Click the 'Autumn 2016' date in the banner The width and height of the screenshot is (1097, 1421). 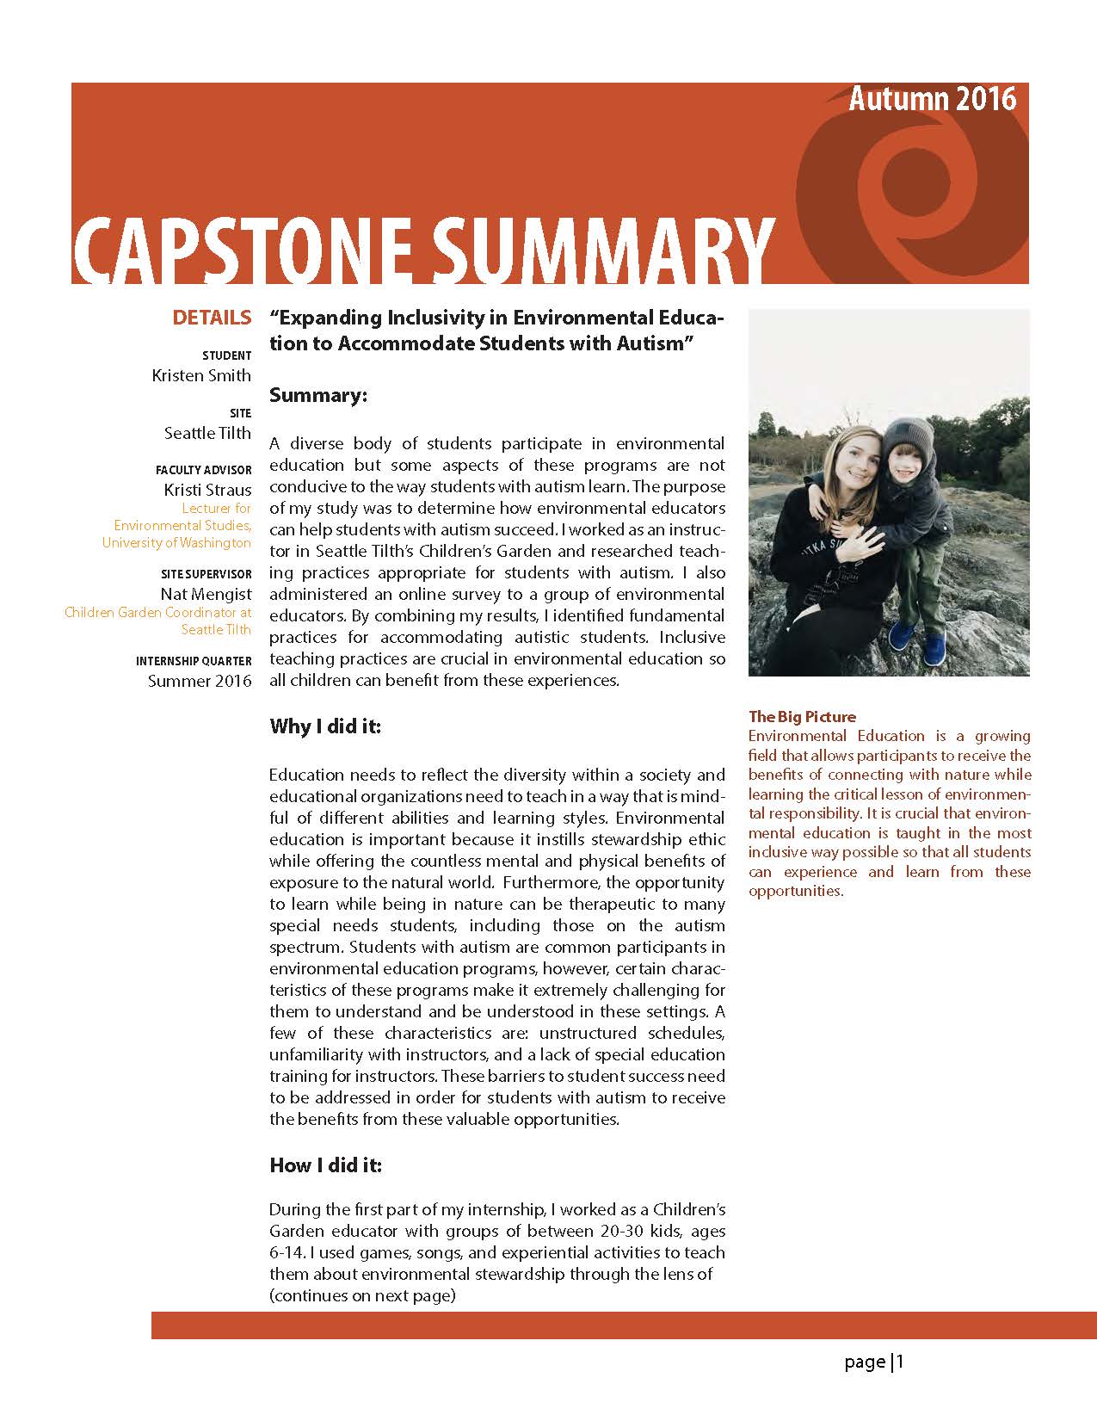[932, 100]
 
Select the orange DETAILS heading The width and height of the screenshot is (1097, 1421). [212, 318]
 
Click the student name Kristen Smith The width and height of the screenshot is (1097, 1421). [201, 375]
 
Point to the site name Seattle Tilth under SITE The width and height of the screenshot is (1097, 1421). [207, 433]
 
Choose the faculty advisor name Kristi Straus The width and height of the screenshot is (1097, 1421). [207, 490]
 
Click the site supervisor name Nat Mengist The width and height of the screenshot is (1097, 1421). [206, 594]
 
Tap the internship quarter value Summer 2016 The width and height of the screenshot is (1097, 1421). [200, 681]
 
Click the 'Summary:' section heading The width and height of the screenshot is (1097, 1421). [318, 395]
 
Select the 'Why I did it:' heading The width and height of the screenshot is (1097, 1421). [325, 726]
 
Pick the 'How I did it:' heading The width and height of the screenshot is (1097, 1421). [325, 1165]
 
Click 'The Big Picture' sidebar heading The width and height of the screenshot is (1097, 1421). [802, 716]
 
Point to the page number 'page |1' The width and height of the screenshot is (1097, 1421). [874, 1362]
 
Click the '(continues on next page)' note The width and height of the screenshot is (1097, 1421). [362, 1295]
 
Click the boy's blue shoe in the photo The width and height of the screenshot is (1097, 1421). [902, 637]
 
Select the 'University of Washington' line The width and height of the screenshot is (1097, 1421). [176, 543]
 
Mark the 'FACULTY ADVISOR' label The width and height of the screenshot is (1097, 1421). [204, 470]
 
